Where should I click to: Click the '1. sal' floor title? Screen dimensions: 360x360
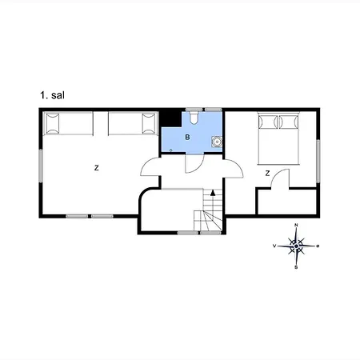(52, 95)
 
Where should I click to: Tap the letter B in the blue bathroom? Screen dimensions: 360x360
(187, 138)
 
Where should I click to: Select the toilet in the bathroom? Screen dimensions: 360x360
(194, 118)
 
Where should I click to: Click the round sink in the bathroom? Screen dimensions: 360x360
(217, 142)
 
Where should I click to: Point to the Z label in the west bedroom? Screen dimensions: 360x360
(97, 168)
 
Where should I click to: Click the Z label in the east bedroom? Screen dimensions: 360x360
(267, 174)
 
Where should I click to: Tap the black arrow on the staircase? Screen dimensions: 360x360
(213, 193)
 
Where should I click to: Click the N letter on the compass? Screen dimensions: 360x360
(296, 225)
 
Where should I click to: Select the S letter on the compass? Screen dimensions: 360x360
(296, 267)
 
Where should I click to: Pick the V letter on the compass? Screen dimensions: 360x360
(274, 246)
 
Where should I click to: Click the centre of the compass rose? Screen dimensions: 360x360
(296, 246)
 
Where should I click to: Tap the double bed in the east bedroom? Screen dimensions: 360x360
(278, 138)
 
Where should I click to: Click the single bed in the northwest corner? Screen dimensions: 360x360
(68, 123)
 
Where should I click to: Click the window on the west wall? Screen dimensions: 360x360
(41, 166)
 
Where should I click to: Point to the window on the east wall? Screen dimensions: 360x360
(318, 161)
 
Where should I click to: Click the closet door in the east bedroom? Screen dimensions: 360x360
(280, 178)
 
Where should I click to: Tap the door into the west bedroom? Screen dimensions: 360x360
(150, 167)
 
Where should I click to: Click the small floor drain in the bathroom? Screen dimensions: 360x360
(171, 150)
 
